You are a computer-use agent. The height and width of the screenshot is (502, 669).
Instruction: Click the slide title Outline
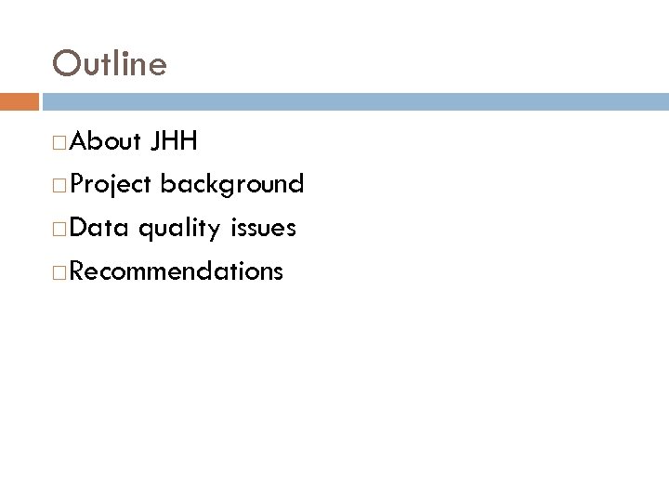tap(110, 63)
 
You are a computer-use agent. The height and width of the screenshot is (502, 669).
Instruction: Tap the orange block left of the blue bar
tap(19, 101)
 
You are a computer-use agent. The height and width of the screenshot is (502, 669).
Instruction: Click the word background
tap(231, 185)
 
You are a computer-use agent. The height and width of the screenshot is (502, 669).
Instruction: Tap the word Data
tap(98, 228)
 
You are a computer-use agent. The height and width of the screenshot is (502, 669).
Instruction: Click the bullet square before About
tap(59, 143)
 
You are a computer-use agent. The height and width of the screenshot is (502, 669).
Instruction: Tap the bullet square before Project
tap(59, 186)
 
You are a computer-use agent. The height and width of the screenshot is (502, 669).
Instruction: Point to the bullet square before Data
tap(59, 229)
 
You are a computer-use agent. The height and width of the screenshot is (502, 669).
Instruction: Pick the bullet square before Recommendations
tap(59, 271)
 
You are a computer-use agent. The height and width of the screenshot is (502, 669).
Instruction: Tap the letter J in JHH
tap(153, 142)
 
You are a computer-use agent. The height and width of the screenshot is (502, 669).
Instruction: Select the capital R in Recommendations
tap(76, 271)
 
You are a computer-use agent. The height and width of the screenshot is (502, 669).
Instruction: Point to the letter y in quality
tap(214, 231)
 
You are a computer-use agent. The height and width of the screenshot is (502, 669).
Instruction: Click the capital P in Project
tap(75, 185)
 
